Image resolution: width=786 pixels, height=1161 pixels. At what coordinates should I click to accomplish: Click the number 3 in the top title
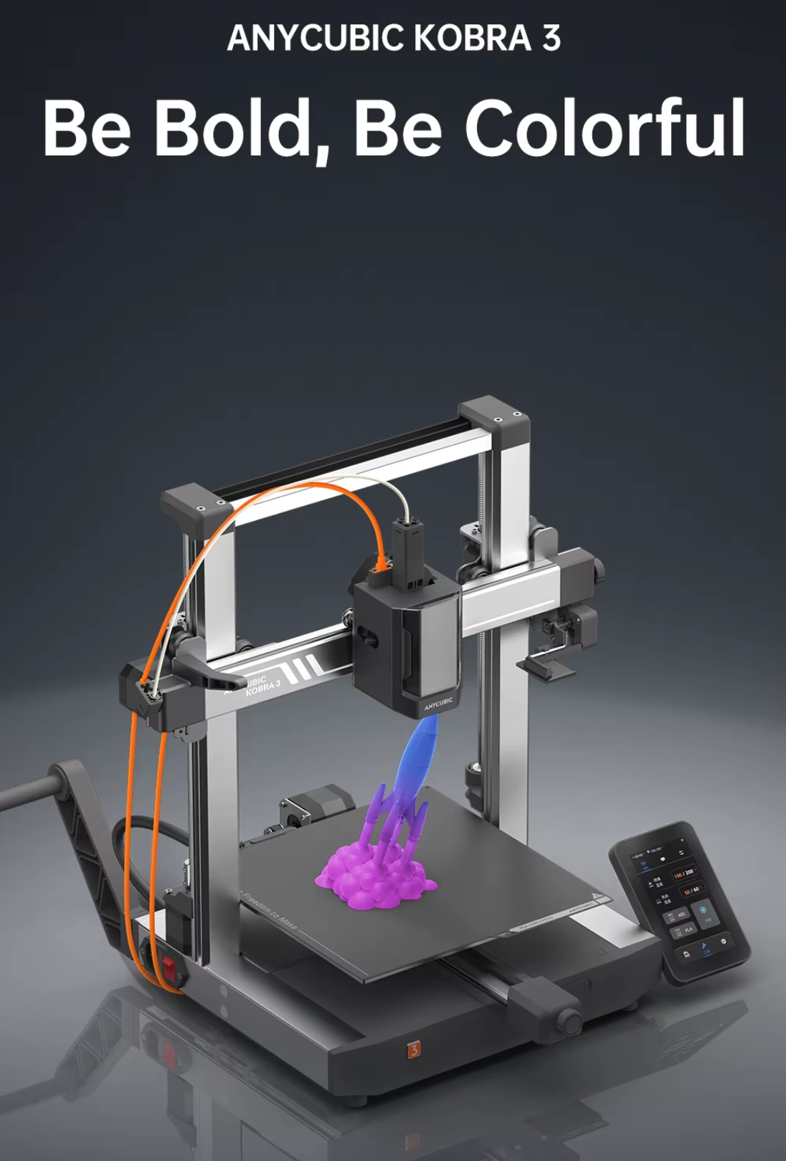(x=551, y=37)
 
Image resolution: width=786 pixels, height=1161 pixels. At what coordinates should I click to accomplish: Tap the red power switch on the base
(x=170, y=968)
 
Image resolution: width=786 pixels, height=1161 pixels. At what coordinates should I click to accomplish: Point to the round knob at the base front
(x=570, y=1018)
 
